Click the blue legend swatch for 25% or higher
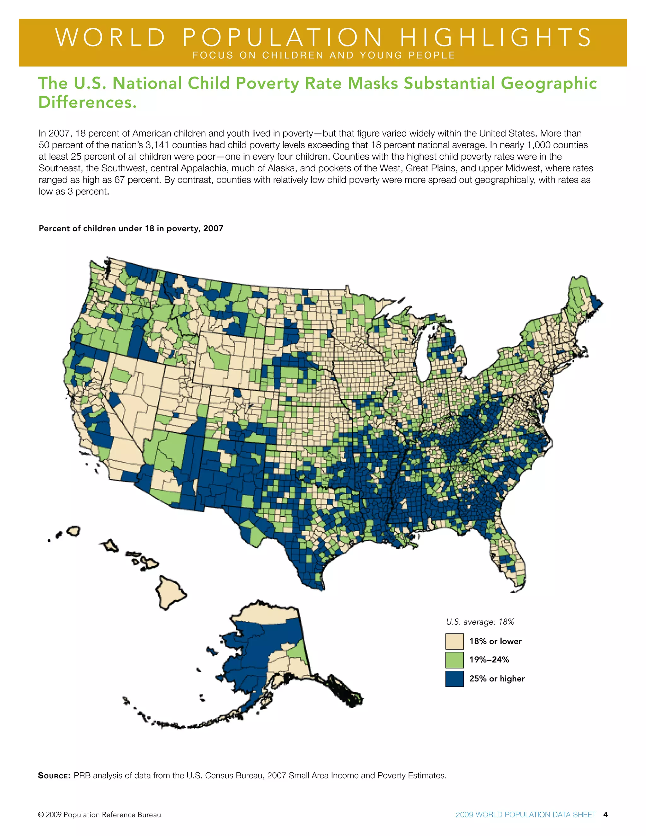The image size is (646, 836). [x=454, y=679]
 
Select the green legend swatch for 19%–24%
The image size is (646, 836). [x=454, y=660]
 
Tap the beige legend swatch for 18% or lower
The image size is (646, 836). [x=454, y=641]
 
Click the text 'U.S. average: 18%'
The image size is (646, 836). [x=480, y=622]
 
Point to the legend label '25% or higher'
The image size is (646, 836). [x=497, y=679]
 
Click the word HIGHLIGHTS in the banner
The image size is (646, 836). [x=496, y=38]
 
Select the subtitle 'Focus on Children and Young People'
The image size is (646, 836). [x=324, y=56]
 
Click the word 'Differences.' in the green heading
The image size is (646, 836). [x=87, y=103]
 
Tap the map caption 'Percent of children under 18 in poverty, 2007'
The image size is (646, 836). [x=131, y=228]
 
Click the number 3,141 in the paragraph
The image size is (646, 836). [x=157, y=145]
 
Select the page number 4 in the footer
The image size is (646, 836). [x=605, y=815]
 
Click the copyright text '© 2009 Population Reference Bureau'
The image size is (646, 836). [x=99, y=815]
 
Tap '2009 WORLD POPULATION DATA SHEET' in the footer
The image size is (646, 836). [x=526, y=815]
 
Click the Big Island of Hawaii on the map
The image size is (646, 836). [x=170, y=592]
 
